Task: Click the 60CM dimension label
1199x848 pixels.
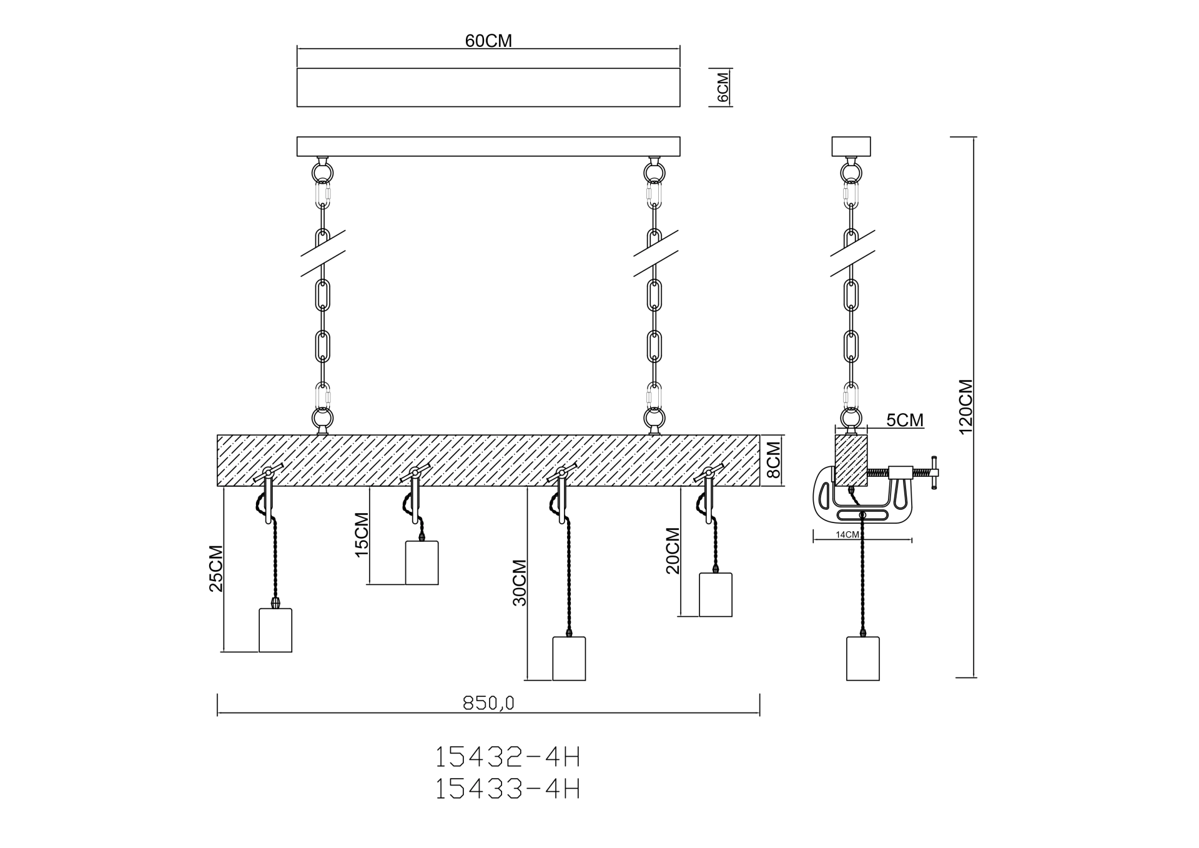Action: pos(488,41)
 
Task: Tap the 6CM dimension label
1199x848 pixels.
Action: pos(723,87)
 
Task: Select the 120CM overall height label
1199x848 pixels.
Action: pos(965,406)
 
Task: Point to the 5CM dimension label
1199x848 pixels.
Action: pos(905,420)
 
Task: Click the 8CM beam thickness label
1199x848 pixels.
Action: pos(773,460)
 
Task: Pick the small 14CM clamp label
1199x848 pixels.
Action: pos(847,535)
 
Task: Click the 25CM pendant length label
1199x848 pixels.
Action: pos(216,569)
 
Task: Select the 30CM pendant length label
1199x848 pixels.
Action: pos(520,582)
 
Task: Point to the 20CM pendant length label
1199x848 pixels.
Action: pos(673,551)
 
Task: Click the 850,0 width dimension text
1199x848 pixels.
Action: pos(488,704)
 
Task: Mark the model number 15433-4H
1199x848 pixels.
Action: pos(507,789)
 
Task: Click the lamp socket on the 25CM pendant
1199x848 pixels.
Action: pos(275,630)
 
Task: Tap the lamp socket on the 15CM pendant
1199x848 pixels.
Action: pos(422,562)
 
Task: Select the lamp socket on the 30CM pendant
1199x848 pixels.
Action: pos(569,658)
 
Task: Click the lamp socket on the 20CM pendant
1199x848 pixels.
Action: pos(715,594)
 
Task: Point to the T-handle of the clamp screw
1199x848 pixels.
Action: pos(934,474)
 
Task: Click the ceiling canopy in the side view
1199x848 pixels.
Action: pos(851,146)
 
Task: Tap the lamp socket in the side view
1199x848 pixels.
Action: pos(862,658)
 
